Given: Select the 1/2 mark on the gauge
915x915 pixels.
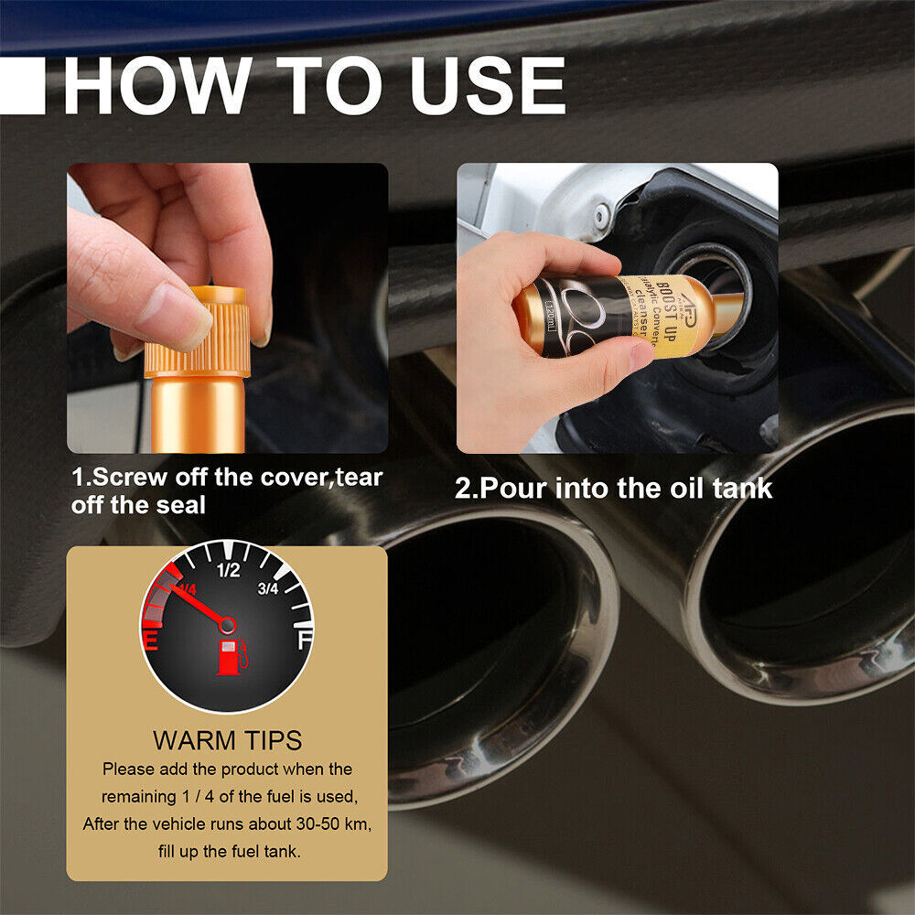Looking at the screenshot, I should click(228, 571).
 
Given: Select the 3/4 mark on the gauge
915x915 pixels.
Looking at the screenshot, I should click(268, 588).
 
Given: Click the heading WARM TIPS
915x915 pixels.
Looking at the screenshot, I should click(227, 739).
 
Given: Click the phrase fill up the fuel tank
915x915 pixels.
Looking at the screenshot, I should click(227, 851).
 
